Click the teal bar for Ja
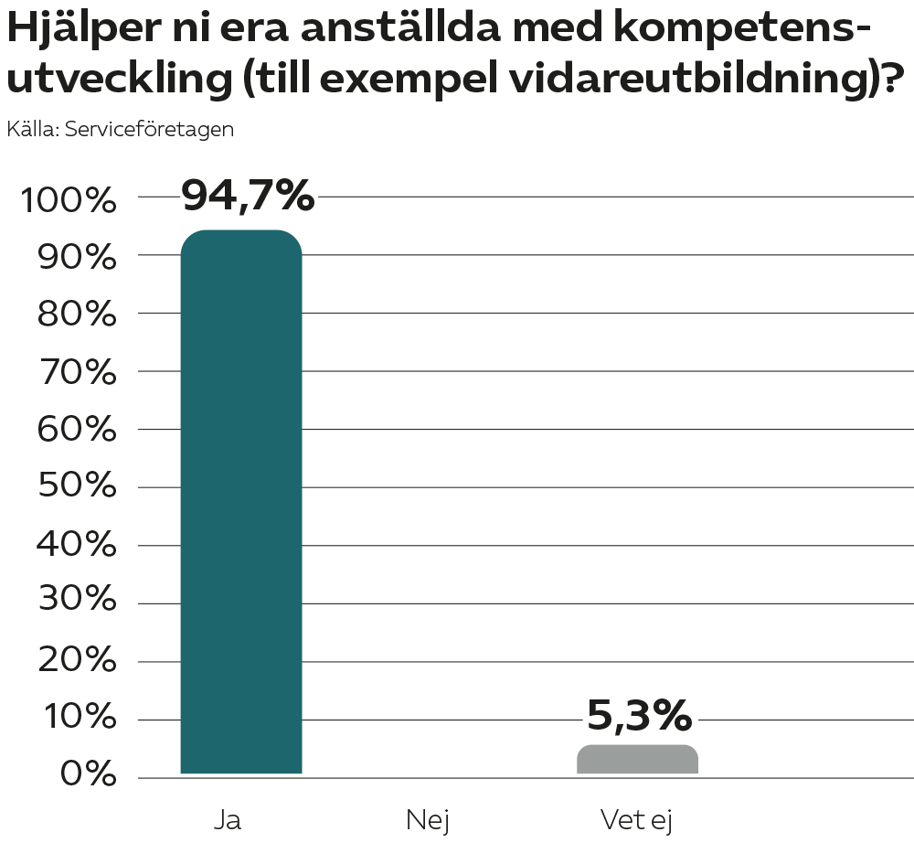(x=241, y=503)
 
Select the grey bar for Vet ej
(x=637, y=760)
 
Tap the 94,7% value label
(x=248, y=196)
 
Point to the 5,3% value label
(x=639, y=717)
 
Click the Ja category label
(x=228, y=820)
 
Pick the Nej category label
(x=428, y=820)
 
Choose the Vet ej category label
(x=636, y=820)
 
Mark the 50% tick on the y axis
(x=77, y=487)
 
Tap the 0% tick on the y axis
(x=90, y=776)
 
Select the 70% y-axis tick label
(x=77, y=372)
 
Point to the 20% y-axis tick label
(x=77, y=661)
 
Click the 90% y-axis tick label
(x=77, y=258)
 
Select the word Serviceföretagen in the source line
(x=150, y=129)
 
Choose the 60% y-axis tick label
(x=77, y=430)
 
